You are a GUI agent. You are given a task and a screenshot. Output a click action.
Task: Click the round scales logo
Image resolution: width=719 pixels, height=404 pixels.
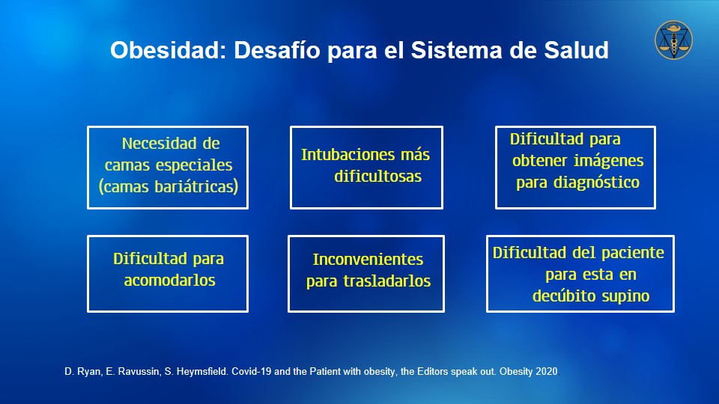click(x=673, y=40)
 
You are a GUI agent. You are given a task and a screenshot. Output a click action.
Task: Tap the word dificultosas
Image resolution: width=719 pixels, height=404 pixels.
click(x=377, y=177)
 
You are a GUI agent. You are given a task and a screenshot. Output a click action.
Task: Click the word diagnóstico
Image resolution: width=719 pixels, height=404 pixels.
click(x=596, y=183)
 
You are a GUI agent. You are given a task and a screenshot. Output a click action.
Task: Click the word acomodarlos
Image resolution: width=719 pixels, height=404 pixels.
click(x=170, y=281)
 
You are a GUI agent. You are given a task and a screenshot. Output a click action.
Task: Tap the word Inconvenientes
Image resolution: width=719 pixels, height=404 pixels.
click(x=368, y=260)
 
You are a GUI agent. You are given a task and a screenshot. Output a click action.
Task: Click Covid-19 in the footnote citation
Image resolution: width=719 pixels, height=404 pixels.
click(x=252, y=372)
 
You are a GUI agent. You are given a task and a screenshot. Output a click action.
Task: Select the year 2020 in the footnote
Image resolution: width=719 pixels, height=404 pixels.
click(x=546, y=372)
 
